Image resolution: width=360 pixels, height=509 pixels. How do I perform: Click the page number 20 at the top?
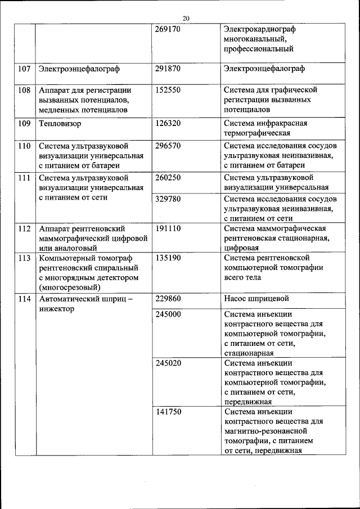[x=186, y=18]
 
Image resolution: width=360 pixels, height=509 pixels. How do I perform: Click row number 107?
[x=24, y=69]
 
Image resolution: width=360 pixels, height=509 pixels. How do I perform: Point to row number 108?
[x=24, y=89]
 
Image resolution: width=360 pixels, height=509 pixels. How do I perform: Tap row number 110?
[x=24, y=145]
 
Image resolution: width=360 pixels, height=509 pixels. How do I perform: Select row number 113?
[x=24, y=258]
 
